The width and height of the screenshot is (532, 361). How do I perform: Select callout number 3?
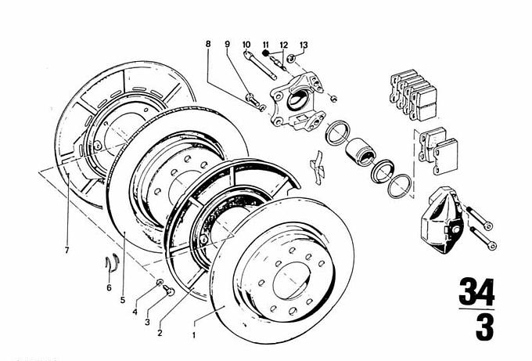click(x=146, y=323)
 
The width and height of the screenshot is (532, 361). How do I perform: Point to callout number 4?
click(x=135, y=312)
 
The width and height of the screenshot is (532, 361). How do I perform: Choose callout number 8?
click(x=209, y=45)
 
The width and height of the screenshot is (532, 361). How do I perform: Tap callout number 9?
click(x=227, y=44)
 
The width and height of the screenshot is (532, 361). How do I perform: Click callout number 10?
click(x=246, y=43)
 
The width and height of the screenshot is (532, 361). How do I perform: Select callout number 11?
click(x=265, y=43)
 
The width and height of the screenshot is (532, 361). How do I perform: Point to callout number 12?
click(x=283, y=44)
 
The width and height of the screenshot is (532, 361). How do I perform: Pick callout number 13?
click(x=304, y=45)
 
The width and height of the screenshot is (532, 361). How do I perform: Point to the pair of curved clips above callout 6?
click(x=111, y=262)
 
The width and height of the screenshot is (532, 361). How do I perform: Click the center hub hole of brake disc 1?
click(x=292, y=276)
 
